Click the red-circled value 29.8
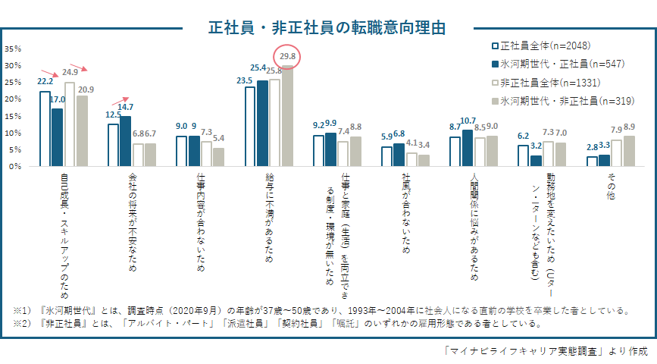287,56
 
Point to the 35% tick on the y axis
13,49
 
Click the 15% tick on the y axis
13,116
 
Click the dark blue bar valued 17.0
58,137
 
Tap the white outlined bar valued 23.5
250,127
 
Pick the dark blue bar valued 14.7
126,141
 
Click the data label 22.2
45,81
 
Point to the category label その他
610,185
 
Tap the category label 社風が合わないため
406,213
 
